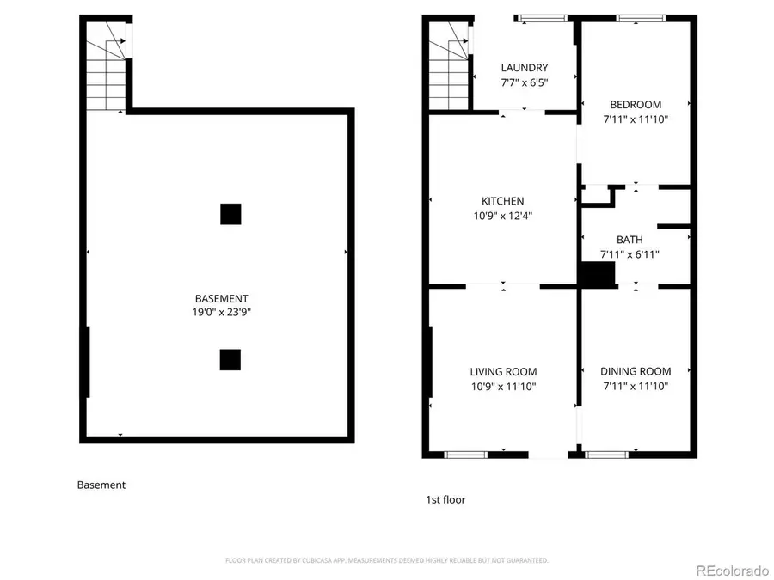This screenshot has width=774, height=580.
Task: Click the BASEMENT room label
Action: pyautogui.click(x=221, y=298)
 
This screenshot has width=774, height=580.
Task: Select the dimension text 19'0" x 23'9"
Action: pyautogui.click(x=221, y=313)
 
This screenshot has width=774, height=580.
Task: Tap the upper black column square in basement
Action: pyautogui.click(x=230, y=214)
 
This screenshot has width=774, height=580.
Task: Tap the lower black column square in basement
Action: pyautogui.click(x=230, y=359)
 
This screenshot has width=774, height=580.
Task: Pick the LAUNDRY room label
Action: pyautogui.click(x=525, y=68)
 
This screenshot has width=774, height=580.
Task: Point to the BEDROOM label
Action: pyautogui.click(x=636, y=105)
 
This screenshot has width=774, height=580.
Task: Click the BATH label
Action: pyautogui.click(x=630, y=240)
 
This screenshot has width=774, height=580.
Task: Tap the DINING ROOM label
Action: pyautogui.click(x=636, y=372)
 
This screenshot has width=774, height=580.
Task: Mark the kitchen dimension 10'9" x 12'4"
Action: pyautogui.click(x=502, y=216)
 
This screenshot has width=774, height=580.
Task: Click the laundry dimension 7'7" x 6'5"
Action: pyautogui.click(x=525, y=82)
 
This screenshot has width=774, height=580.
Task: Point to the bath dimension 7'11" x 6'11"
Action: pyautogui.click(x=634, y=254)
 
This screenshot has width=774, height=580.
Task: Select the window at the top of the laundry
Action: pyautogui.click(x=542, y=17)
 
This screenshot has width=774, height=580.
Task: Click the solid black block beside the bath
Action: pyautogui.click(x=597, y=274)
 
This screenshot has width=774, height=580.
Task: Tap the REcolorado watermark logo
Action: pyautogui.click(x=733, y=570)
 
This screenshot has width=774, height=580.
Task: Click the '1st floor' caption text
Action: pyautogui.click(x=445, y=499)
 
